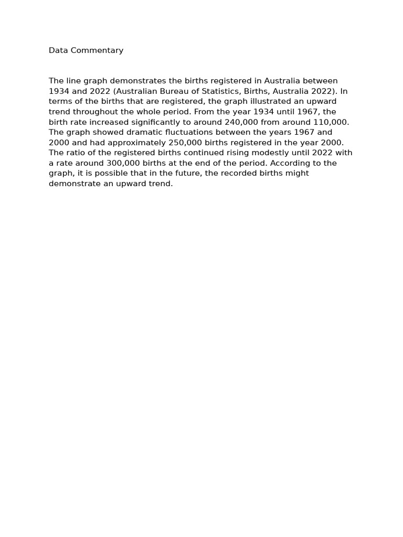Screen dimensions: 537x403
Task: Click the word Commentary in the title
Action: coord(100,50)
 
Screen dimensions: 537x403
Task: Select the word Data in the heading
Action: coord(58,50)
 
